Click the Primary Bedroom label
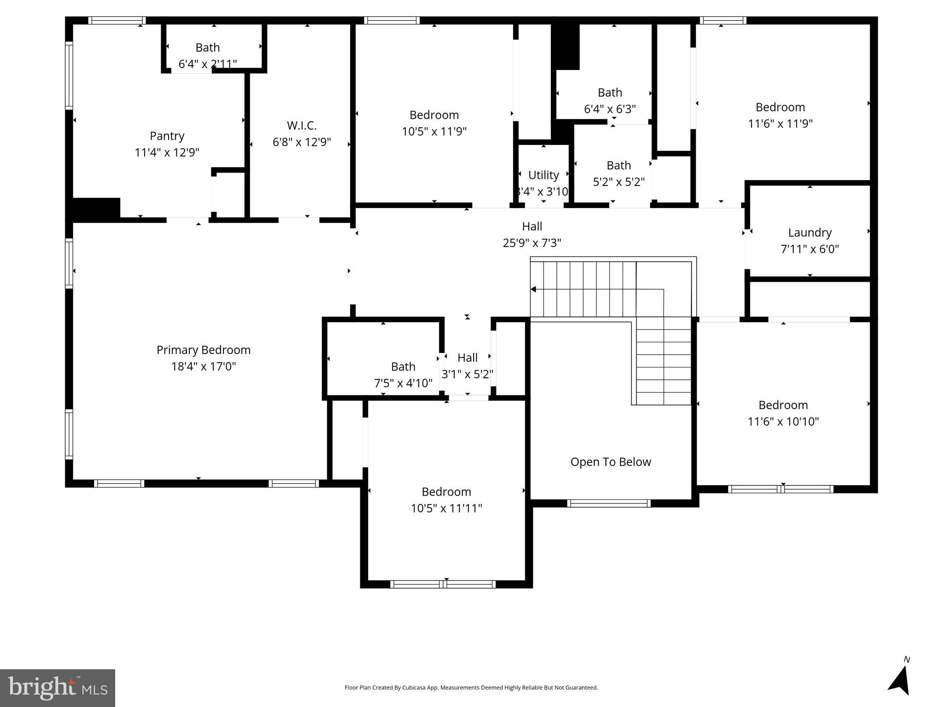tap(203, 350)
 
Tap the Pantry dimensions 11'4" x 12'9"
tap(167, 152)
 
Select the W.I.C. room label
tap(302, 126)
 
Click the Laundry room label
tap(809, 233)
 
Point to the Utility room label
tap(543, 175)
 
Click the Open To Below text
tap(610, 462)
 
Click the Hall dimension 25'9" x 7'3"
tap(532, 243)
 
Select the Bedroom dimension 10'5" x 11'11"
tap(446, 509)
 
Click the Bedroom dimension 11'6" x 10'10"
tap(783, 422)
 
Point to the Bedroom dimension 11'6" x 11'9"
tap(780, 124)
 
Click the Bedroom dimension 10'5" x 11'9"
tap(434, 132)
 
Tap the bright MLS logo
tap(58, 688)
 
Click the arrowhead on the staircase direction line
tap(533, 290)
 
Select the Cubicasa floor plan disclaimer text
tap(471, 688)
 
